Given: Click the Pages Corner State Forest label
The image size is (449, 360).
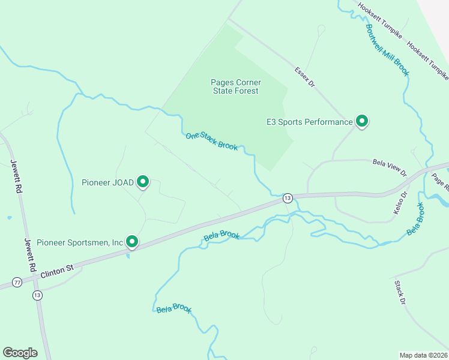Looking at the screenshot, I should pyautogui.click(x=235, y=86).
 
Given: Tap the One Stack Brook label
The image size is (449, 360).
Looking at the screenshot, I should pyautogui.click(x=212, y=142).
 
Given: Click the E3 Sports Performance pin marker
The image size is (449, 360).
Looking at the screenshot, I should pyautogui.click(x=362, y=122).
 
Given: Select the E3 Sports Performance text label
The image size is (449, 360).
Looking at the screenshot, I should pyautogui.click(x=310, y=122).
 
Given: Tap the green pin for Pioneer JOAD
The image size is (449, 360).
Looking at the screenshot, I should pyautogui.click(x=143, y=181).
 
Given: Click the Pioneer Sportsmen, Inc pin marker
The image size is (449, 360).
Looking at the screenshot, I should pyautogui.click(x=132, y=242).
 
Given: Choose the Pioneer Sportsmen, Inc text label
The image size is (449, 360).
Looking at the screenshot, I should pyautogui.click(x=80, y=242).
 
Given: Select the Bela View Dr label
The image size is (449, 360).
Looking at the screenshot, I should pyautogui.click(x=390, y=167).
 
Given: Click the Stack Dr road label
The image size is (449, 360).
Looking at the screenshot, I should pyautogui.click(x=401, y=292).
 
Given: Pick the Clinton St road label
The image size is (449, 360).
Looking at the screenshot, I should pyautogui.click(x=56, y=271).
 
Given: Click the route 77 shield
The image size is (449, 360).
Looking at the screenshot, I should pyautogui.click(x=17, y=282).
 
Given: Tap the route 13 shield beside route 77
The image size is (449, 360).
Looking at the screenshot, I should pyautogui.click(x=38, y=295).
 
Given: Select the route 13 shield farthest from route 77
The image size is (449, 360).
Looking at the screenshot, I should pyautogui.click(x=288, y=198).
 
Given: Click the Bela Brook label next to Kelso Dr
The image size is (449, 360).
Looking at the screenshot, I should pyautogui.click(x=415, y=220).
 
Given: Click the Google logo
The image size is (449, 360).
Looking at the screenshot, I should pyautogui.click(x=20, y=353).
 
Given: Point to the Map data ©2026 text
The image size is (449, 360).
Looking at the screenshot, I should pyautogui.click(x=423, y=355).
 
